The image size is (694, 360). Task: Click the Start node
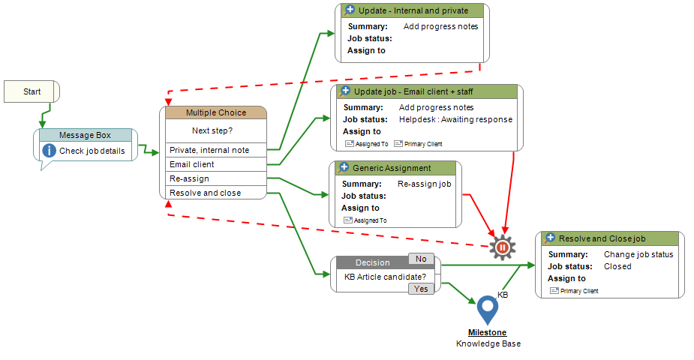tap(32, 91)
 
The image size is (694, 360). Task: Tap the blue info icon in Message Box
tap(50, 151)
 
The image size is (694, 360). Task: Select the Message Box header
tap(86, 135)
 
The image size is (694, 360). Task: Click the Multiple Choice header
tap(215, 112)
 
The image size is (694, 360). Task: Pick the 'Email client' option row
tap(192, 164)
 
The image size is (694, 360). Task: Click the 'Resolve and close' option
tap(206, 193)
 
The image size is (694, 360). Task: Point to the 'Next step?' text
tap(212, 130)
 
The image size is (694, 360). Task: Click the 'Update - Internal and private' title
tap(414, 10)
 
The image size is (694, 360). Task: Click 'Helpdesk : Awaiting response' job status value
tap(455, 119)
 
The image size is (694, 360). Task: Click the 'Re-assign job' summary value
tap(424, 184)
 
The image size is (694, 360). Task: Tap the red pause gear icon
tap(503, 247)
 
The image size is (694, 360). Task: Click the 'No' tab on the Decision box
tap(421, 259)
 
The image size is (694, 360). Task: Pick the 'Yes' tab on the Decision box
tap(421, 289)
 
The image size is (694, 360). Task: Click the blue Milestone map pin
tap(488, 308)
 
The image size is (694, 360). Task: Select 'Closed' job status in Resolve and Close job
tap(617, 266)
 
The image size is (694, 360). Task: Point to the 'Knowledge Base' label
tap(488, 343)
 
